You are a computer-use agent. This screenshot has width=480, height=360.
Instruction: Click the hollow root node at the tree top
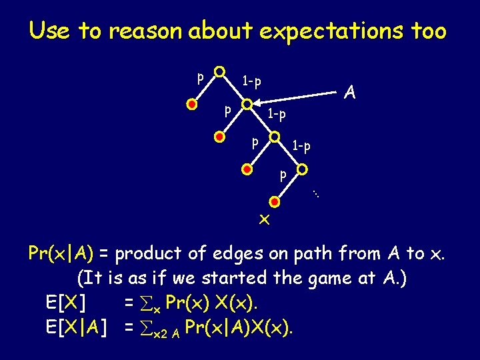pyautogui.click(x=219, y=71)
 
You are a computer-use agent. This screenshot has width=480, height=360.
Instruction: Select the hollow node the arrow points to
pyautogui.click(x=247, y=105)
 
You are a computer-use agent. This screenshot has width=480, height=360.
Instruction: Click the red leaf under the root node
pyautogui.click(x=192, y=105)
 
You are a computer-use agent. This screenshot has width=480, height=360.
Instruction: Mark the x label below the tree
pyautogui.click(x=265, y=220)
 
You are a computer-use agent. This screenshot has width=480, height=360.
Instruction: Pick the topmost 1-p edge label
pyautogui.click(x=251, y=81)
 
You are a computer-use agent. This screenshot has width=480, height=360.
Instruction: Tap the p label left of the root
pyautogui.click(x=199, y=77)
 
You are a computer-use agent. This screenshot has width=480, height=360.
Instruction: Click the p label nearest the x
pyautogui.click(x=283, y=176)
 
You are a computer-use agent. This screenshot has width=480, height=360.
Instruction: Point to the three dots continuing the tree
pyautogui.click(x=317, y=194)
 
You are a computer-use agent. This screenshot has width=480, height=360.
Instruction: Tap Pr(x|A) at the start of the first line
pyautogui.click(x=62, y=253)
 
